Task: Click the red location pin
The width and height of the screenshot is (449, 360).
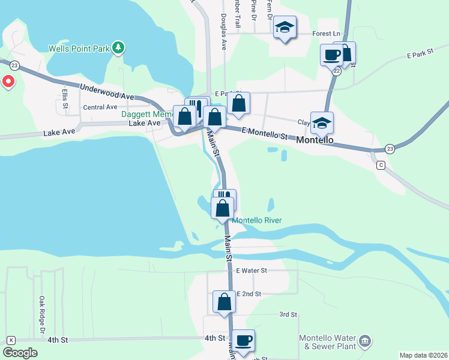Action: pyautogui.click(x=8, y=81)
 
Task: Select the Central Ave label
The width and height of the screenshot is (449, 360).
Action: pyautogui.click(x=100, y=107)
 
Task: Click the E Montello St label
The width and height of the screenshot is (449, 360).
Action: pyautogui.click(x=265, y=133)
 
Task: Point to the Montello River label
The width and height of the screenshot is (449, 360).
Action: pyautogui.click(x=257, y=220)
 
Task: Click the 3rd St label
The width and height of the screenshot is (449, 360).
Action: pyautogui.click(x=288, y=314)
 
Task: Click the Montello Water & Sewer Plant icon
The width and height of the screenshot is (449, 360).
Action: pyautogui.click(x=364, y=342)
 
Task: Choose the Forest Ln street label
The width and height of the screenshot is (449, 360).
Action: pyautogui.click(x=327, y=34)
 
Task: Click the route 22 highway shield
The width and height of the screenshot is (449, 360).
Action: pyautogui.click(x=337, y=71)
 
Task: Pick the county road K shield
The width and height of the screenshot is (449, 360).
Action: pyautogui.click(x=11, y=340)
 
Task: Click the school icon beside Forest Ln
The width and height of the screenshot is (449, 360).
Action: pyautogui.click(x=285, y=28)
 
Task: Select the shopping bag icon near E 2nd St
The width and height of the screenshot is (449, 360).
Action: pyautogui.click(x=224, y=301)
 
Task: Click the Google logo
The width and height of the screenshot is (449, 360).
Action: pyautogui.click(x=20, y=353)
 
